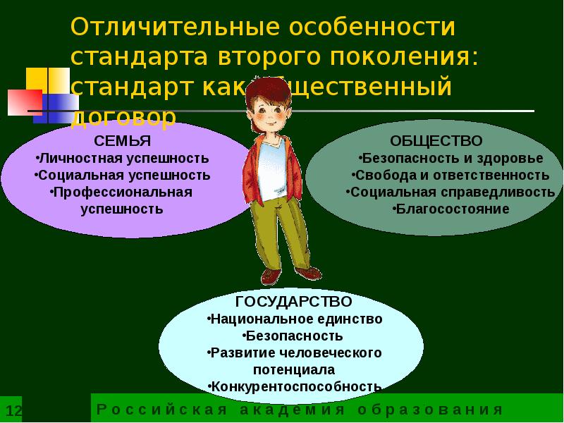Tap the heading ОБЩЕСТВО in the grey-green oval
point(436,141)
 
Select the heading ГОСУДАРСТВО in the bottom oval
point(293,302)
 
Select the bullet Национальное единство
point(295,319)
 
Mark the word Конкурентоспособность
point(295,386)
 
